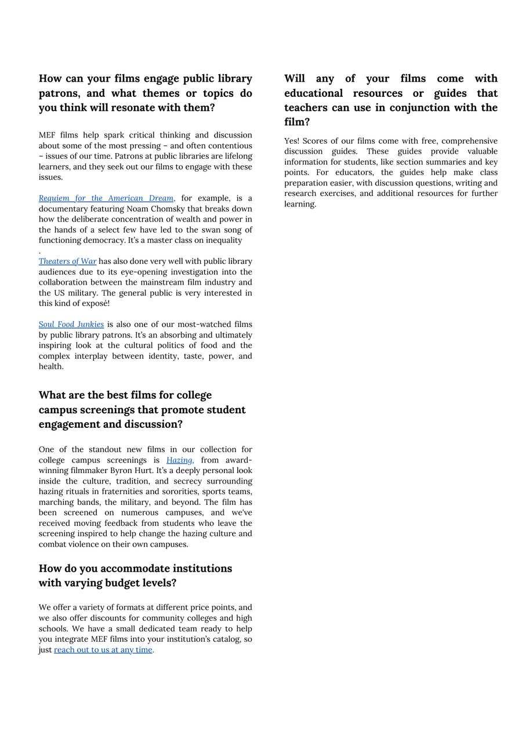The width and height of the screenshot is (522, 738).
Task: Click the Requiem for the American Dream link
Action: click(106, 198)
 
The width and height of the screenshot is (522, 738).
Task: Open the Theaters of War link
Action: click(67, 261)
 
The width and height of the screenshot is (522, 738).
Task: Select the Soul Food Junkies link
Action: click(71, 325)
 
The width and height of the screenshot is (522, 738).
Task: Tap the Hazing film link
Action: click(180, 460)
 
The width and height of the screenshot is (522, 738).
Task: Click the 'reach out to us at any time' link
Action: click(103, 650)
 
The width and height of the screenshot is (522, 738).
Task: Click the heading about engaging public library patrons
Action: click(145, 93)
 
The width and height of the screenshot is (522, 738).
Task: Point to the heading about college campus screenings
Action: click(142, 409)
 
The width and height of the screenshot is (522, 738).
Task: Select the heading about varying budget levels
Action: click(135, 575)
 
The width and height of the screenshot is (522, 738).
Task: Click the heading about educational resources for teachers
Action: click(390, 100)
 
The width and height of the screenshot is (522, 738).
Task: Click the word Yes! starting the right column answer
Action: click(292, 141)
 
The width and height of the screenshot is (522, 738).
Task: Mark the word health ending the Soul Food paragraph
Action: click(50, 366)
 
